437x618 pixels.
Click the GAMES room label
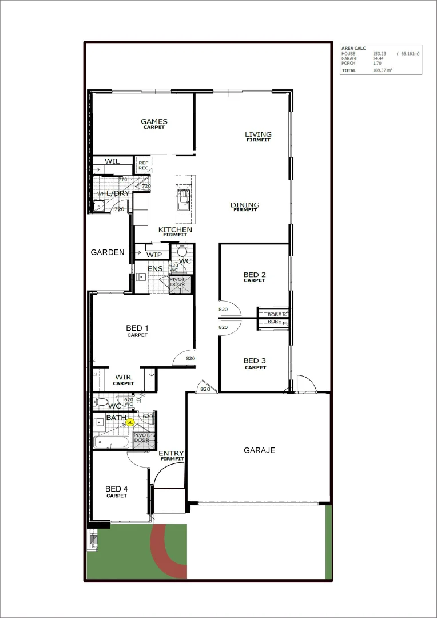pos(154,121)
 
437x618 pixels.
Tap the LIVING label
pos(258,134)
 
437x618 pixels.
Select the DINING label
pos(245,205)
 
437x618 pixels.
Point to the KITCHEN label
pos(175,229)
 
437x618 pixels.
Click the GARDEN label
pos(108,252)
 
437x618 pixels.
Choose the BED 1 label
pos(137,328)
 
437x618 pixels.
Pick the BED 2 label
pos(255,275)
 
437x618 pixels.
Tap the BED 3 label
pos(255,360)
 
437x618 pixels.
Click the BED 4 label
pos(116,489)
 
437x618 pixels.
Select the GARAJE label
pos(259,450)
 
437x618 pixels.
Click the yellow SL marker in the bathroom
pos(130,422)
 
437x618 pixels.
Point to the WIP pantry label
pos(154,255)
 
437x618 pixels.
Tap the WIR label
pos(123,377)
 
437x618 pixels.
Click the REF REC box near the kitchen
pos(143,165)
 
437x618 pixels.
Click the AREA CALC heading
pos(353,49)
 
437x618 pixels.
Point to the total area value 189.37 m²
pos(382,70)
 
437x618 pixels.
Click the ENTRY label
pos(171,454)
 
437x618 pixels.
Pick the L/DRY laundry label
pos(118,193)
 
